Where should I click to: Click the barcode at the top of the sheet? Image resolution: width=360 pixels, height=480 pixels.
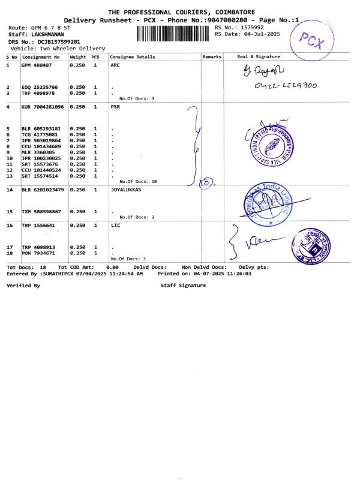click(174, 32)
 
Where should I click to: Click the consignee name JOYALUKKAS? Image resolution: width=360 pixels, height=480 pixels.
click(129, 190)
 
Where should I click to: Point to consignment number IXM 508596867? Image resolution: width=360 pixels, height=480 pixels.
click(41, 212)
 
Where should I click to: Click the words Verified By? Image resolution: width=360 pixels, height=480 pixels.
click(23, 286)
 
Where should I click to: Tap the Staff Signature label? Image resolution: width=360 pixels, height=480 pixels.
click(183, 286)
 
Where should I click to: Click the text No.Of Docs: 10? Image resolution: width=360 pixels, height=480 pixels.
click(138, 181)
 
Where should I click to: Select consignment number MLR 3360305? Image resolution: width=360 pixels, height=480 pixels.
click(38, 152)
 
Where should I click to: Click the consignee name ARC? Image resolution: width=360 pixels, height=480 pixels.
click(116, 65)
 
